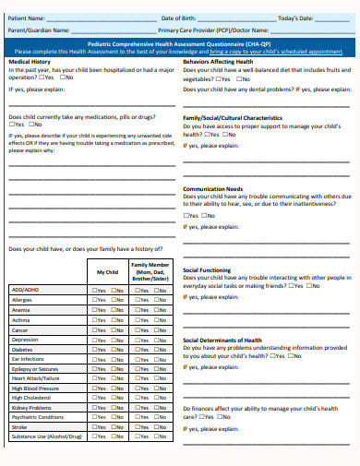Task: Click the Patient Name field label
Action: tap(27, 18)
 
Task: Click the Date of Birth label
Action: tap(177, 18)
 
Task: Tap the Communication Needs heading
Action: tap(213, 187)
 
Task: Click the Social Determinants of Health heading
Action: tap(223, 339)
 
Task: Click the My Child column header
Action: tap(107, 272)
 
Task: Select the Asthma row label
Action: tap(19, 319)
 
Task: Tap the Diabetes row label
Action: tap(21, 350)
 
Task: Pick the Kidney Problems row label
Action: tap(31, 407)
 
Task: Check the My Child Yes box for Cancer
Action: tap(94, 329)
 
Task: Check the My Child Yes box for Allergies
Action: tap(94, 300)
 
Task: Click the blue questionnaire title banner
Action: tap(180, 45)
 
